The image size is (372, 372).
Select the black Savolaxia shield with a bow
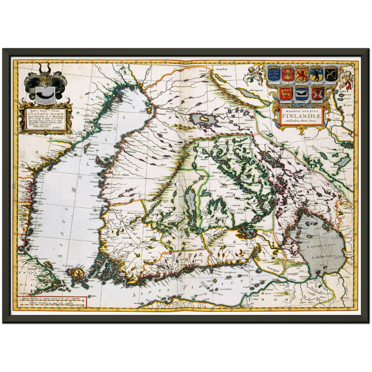[x=331, y=74]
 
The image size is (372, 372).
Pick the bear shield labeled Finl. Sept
[x=316, y=74]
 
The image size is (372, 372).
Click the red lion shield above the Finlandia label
[x=302, y=74]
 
